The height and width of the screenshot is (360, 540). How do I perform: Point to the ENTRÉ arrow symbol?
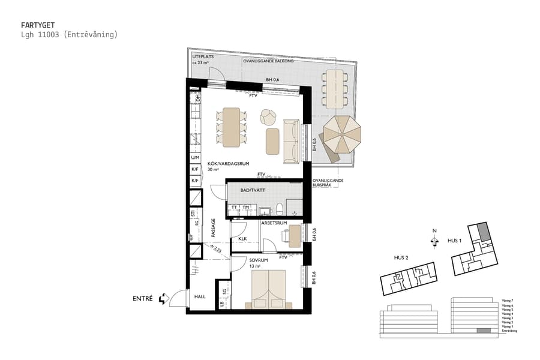coord(162,299)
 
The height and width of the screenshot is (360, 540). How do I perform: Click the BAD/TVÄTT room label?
coord(252,190)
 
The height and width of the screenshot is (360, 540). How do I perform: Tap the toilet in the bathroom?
coord(279,209)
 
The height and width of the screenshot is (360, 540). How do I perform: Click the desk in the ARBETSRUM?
coord(293,235)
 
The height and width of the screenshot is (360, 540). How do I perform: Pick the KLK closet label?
coord(242,239)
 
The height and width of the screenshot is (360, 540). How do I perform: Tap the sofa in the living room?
coord(290,140)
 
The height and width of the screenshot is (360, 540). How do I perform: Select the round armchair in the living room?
coord(268,116)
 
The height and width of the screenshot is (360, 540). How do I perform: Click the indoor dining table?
coord(231,127)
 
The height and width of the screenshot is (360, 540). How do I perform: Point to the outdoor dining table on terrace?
coord(333,88)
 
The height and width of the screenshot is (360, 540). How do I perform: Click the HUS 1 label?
coord(454,241)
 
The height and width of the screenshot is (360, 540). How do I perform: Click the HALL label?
coord(200,296)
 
